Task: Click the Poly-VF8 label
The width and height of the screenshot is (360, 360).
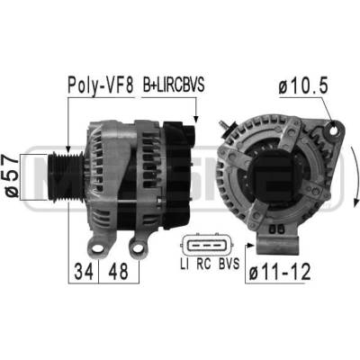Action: pos(100,85)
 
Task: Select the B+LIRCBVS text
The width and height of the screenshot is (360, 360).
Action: pos(174,85)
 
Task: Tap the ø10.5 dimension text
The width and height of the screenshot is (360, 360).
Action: pos(303,86)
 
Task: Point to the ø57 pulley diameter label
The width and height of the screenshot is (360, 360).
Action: pos(13,176)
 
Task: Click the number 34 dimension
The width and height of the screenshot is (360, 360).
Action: pos(84,271)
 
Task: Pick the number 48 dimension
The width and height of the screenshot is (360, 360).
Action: pos(118,271)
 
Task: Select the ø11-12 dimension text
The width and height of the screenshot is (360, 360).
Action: pos(280,273)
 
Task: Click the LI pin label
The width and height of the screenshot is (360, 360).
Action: pos(184,264)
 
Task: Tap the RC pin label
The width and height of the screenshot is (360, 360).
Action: pos(204,264)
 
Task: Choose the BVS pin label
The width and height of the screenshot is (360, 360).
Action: pos(229,264)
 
